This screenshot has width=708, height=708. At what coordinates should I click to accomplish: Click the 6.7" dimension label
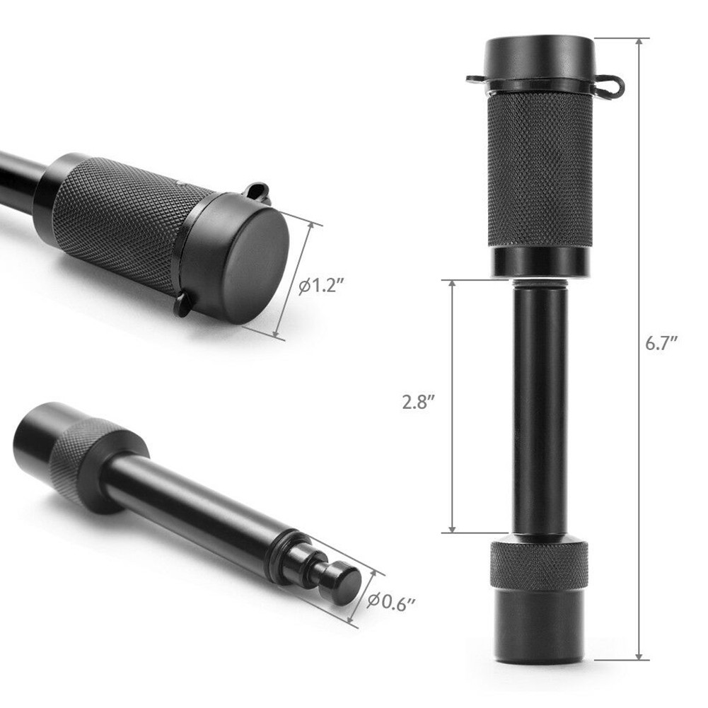pyautogui.click(x=662, y=344)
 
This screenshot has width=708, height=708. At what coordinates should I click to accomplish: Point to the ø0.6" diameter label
pyautogui.click(x=391, y=601)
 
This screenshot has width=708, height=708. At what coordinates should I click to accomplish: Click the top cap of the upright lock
pyautogui.click(x=539, y=57)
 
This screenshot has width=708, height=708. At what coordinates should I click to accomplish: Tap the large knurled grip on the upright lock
pyautogui.click(x=540, y=170)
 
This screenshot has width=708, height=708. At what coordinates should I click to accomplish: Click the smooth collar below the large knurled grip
pyautogui.click(x=539, y=261)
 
